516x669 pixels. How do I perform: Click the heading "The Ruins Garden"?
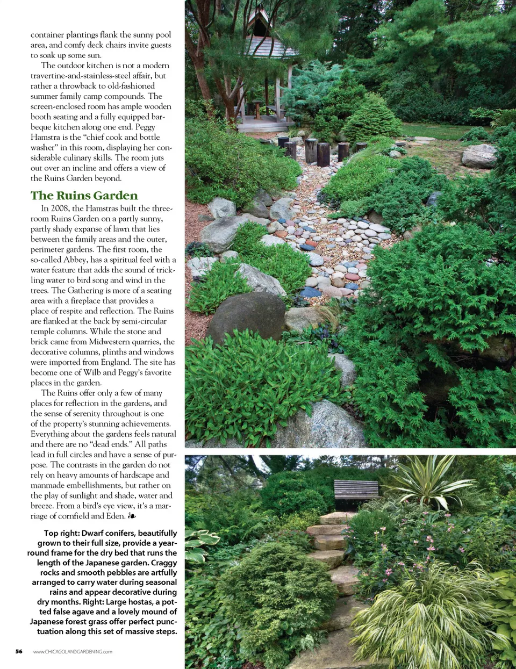click(x=84, y=196)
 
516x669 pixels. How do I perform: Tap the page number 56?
click(x=19, y=651)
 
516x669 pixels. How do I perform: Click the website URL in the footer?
click(x=73, y=652)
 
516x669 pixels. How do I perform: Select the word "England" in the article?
click(x=115, y=362)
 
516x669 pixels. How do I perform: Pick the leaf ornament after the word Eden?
click(x=132, y=516)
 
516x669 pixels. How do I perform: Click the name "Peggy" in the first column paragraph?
click(x=145, y=127)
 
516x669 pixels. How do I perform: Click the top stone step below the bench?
click(x=336, y=518)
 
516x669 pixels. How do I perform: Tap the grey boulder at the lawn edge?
click(x=479, y=156)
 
